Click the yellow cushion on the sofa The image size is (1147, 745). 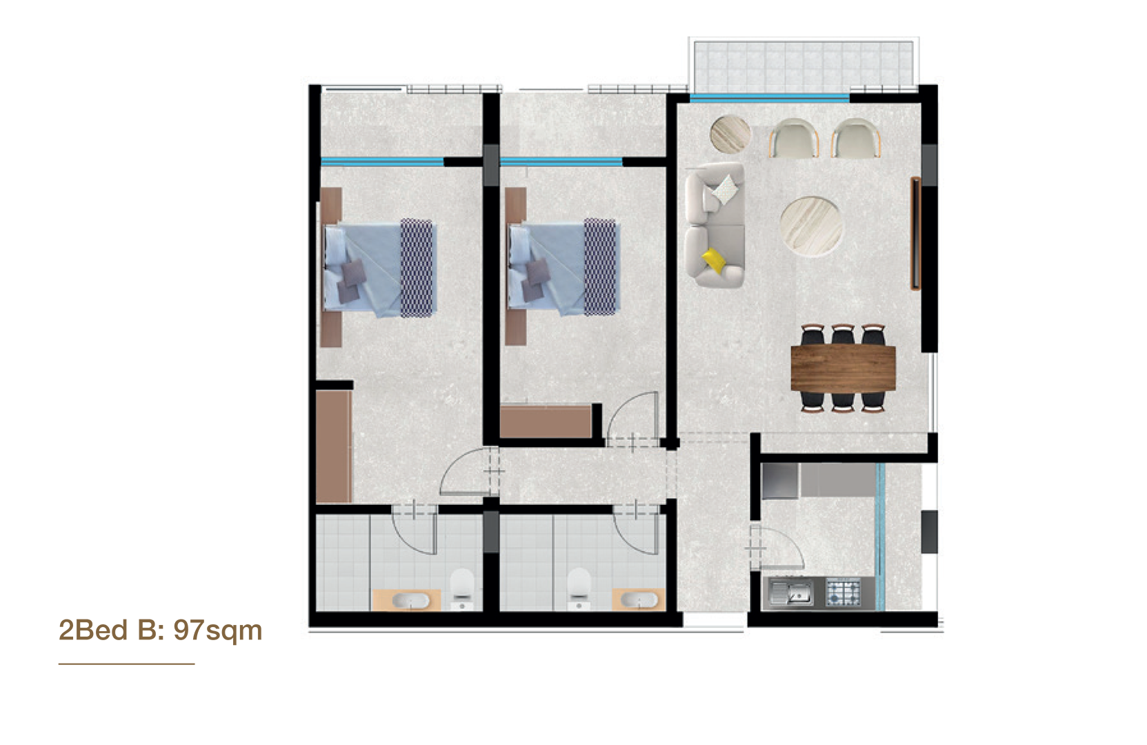point(715,261)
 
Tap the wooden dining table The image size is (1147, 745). point(844,368)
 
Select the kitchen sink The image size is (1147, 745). point(791,593)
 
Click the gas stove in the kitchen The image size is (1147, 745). point(844,593)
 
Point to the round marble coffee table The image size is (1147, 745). point(811,226)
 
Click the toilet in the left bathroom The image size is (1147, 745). point(462,588)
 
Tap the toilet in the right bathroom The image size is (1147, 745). point(579,588)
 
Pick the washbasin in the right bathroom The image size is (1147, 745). point(639,599)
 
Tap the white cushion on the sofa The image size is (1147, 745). point(726,189)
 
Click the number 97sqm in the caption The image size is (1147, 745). point(218,630)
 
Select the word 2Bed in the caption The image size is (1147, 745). point(92,630)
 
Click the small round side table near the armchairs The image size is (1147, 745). point(730,134)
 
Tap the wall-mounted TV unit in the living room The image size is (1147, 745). point(915,233)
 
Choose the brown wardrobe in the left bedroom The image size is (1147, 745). point(334,446)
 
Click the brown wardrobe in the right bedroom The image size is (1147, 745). point(546,421)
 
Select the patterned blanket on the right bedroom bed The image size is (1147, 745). point(599,267)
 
